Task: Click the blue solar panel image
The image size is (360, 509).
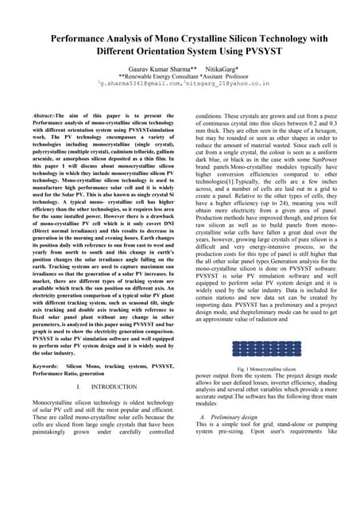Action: [x=261, y=325]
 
